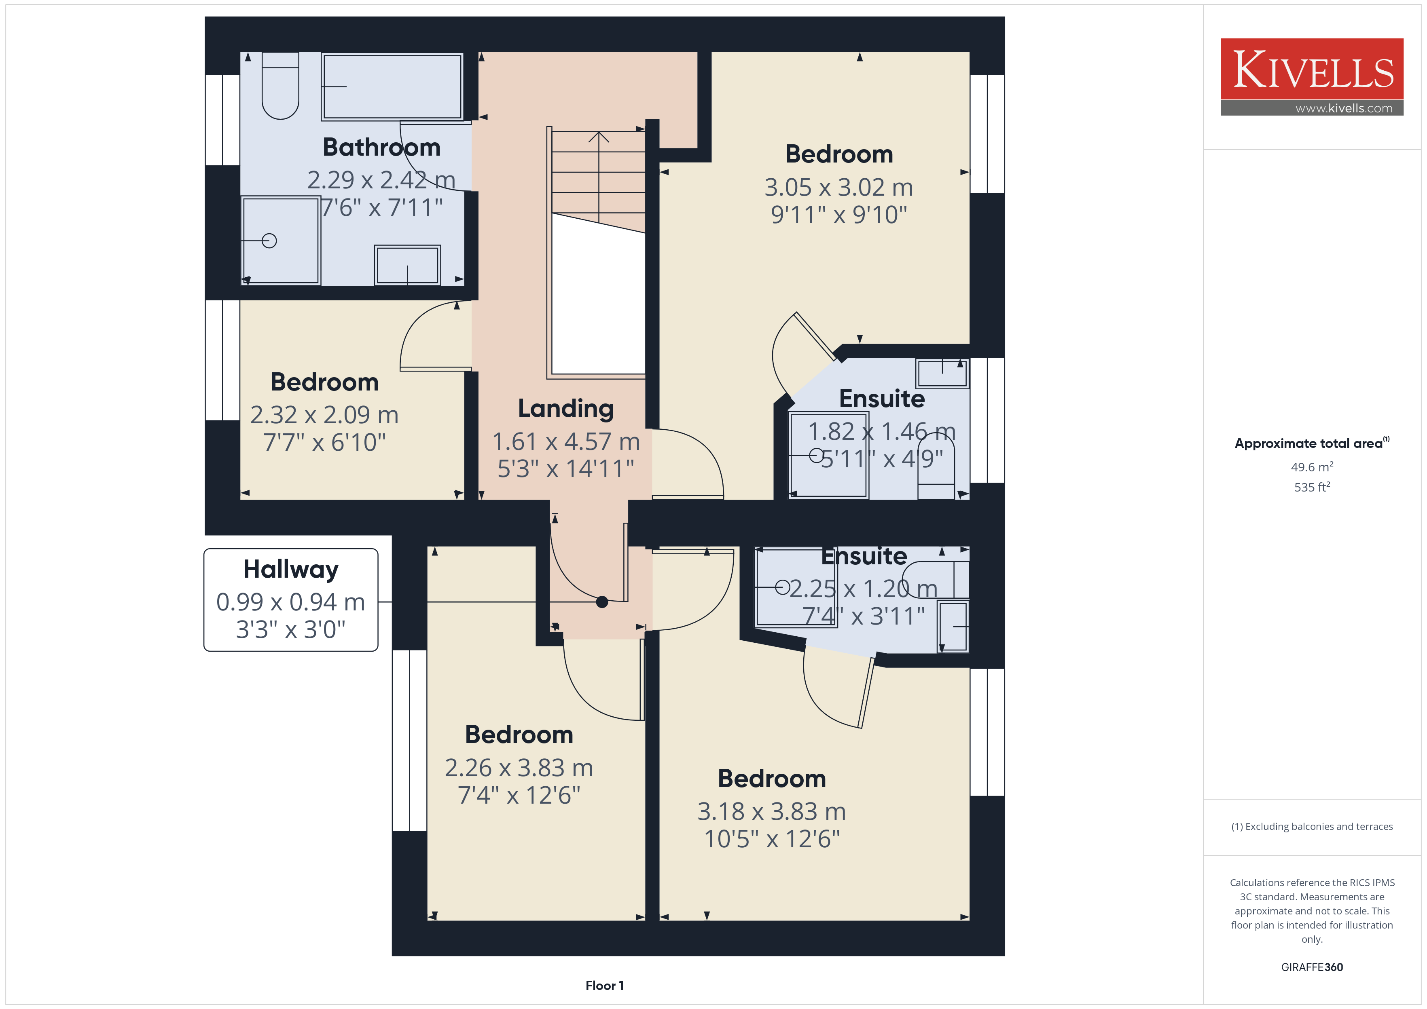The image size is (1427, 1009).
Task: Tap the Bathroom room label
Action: (x=381, y=147)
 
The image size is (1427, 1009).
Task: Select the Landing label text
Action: (x=565, y=409)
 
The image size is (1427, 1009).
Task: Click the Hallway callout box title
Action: (x=291, y=569)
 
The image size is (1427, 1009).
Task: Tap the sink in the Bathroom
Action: (x=407, y=265)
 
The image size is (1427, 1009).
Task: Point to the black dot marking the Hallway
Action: (x=601, y=602)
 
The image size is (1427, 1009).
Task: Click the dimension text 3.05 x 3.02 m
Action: (x=838, y=187)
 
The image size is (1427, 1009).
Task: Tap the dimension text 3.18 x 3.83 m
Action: (x=771, y=811)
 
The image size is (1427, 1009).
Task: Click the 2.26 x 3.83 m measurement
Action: (x=519, y=768)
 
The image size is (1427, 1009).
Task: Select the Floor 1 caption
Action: (x=604, y=986)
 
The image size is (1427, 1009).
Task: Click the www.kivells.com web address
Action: (x=1344, y=108)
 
